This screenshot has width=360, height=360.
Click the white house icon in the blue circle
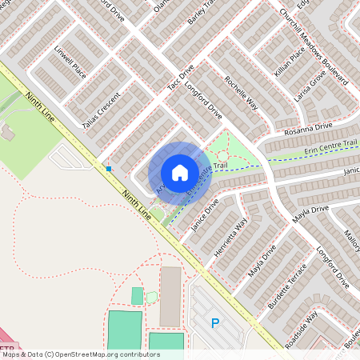[x=180, y=173]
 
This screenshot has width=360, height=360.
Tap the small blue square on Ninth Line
[x=108, y=168]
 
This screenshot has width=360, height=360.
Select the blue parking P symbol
[x=214, y=323]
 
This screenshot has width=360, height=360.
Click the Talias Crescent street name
[x=101, y=111]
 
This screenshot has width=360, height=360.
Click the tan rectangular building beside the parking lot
[x=170, y=297]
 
